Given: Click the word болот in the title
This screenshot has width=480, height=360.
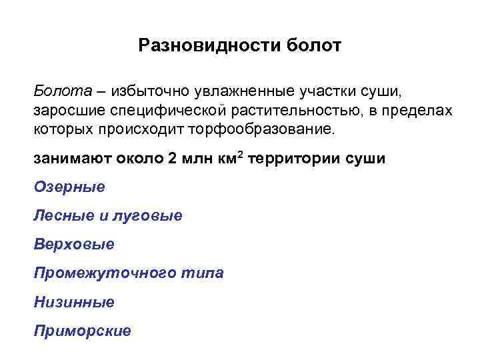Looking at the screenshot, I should coord(313,46).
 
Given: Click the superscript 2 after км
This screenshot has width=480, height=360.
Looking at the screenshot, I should coord(241,157).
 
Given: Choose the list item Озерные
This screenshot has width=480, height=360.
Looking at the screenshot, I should coord(69,187).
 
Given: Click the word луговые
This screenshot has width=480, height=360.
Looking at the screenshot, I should coord(153,215).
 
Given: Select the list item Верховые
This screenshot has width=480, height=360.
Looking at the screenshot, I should coord(74,244).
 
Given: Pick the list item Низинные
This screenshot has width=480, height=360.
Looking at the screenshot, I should coord(74,302).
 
